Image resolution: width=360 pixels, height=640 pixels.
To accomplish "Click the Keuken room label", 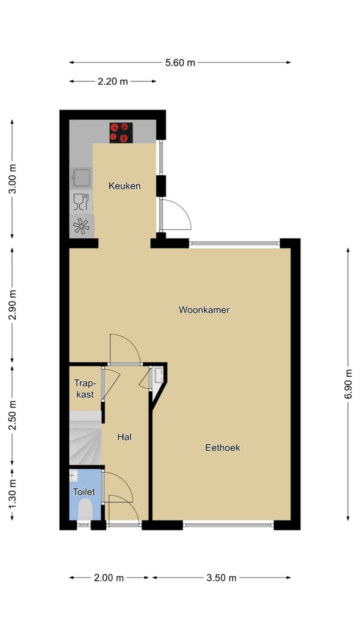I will point(124,186).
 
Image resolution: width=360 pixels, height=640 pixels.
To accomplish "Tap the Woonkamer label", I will point(204,310).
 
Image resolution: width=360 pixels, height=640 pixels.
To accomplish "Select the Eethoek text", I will point(222,447).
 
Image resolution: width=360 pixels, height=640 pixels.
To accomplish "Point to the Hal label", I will point(124,437).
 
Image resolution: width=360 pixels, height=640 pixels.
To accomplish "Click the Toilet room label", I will point(83,492).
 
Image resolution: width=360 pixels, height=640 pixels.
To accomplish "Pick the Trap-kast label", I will point(84,388).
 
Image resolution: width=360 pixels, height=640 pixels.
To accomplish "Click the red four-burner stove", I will point(121,132).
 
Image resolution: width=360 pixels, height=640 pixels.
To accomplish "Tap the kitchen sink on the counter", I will point(81,177).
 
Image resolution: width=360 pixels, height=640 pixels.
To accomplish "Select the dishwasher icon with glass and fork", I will point(81,201).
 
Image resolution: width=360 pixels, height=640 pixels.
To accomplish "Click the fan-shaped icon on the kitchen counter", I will point(81,226).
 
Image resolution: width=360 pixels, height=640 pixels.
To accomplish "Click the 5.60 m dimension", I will point(180,62).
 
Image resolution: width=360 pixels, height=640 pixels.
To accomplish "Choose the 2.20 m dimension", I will point(113,81).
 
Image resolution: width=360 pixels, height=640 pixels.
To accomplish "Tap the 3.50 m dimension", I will point(221,577).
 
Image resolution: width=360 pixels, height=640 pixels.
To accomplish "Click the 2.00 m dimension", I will point(109,577).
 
